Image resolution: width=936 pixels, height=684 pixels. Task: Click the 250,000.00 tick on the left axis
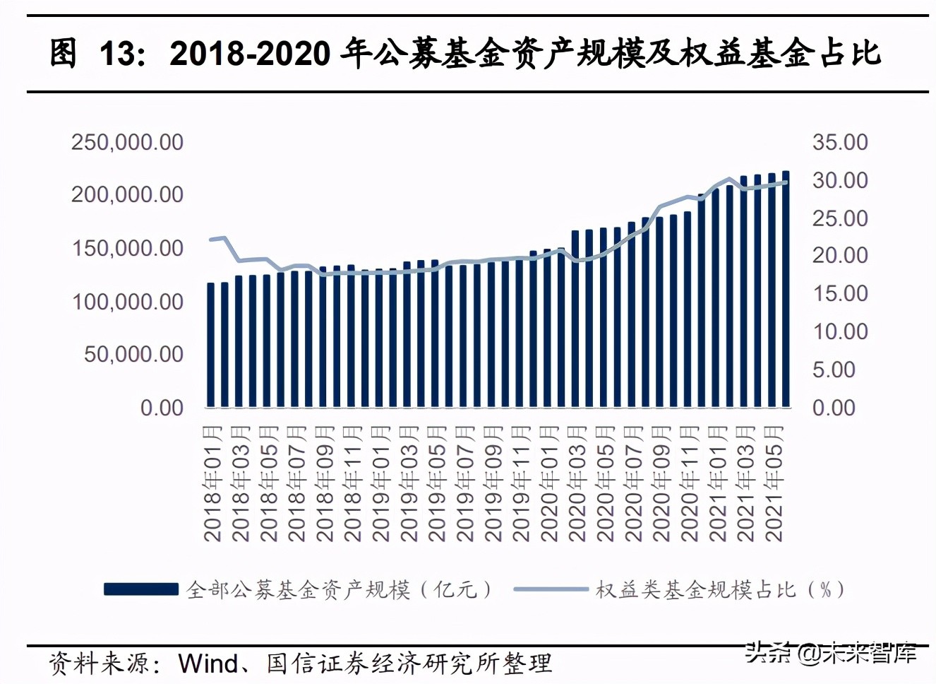[x=127, y=142]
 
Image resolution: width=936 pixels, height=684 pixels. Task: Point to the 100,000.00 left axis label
[x=127, y=302]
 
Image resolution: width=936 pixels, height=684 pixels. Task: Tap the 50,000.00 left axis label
[x=133, y=354]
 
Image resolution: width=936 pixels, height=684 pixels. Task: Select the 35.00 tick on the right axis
[x=840, y=142]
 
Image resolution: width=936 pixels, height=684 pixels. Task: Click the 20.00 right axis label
[x=840, y=255]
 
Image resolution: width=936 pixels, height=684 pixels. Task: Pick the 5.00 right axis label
[x=834, y=370]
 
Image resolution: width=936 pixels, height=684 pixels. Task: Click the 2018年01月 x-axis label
[x=212, y=483]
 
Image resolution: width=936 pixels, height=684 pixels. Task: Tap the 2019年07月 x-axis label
[x=465, y=483]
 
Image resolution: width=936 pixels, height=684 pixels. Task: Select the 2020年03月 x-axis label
[x=577, y=483]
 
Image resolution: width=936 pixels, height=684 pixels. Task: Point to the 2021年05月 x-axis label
[x=774, y=483]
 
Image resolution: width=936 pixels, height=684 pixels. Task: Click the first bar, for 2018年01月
[x=210, y=345]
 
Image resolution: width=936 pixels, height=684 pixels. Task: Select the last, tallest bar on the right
[x=786, y=290]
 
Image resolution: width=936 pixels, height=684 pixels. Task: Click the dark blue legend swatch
[x=141, y=589]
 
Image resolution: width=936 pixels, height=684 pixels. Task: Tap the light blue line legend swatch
[x=551, y=589]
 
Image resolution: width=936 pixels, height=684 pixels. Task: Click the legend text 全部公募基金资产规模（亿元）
[x=339, y=589]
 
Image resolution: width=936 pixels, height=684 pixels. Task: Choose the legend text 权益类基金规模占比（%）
[x=720, y=589]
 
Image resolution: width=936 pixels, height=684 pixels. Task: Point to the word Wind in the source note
[x=208, y=664]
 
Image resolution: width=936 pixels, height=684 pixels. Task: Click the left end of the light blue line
[x=211, y=240]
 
